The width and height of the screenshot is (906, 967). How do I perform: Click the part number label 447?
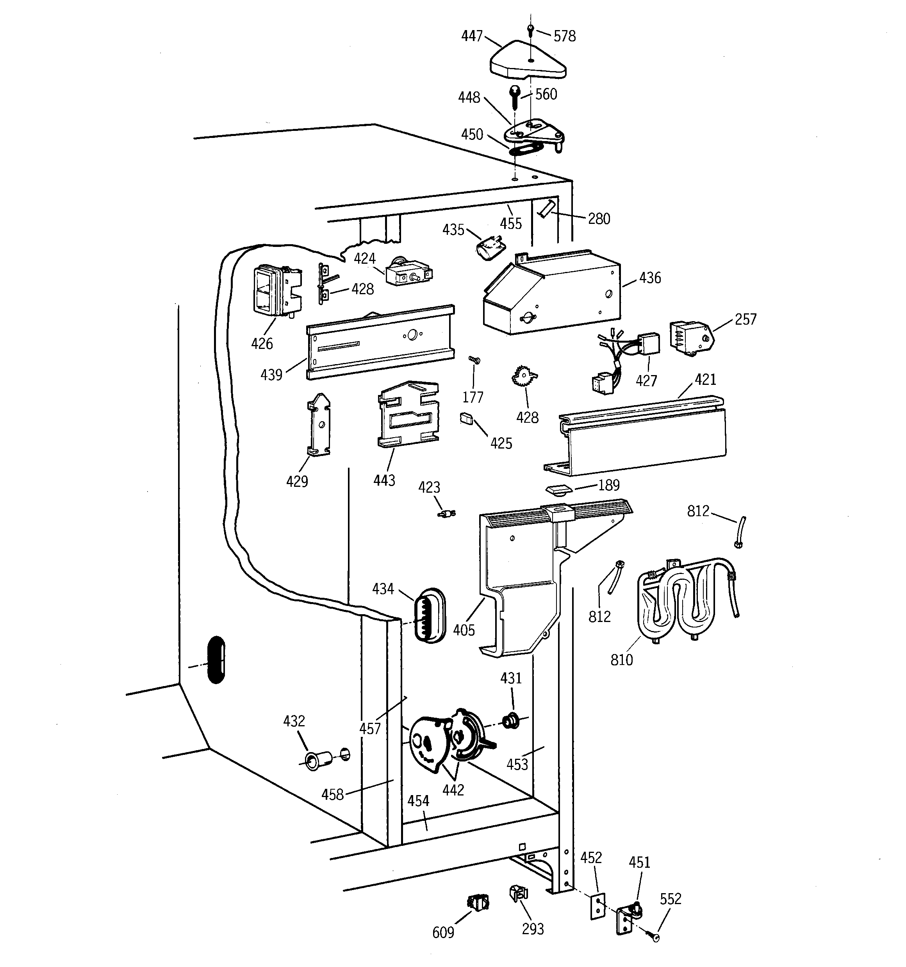(471, 36)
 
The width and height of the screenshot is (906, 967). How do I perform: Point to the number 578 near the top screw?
(564, 36)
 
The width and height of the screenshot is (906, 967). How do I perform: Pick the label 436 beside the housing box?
(650, 278)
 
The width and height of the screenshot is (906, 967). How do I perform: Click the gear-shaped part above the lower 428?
(523, 377)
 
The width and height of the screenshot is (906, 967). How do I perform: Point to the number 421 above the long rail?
(705, 379)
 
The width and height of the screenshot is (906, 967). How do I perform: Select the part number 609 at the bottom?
(442, 933)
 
